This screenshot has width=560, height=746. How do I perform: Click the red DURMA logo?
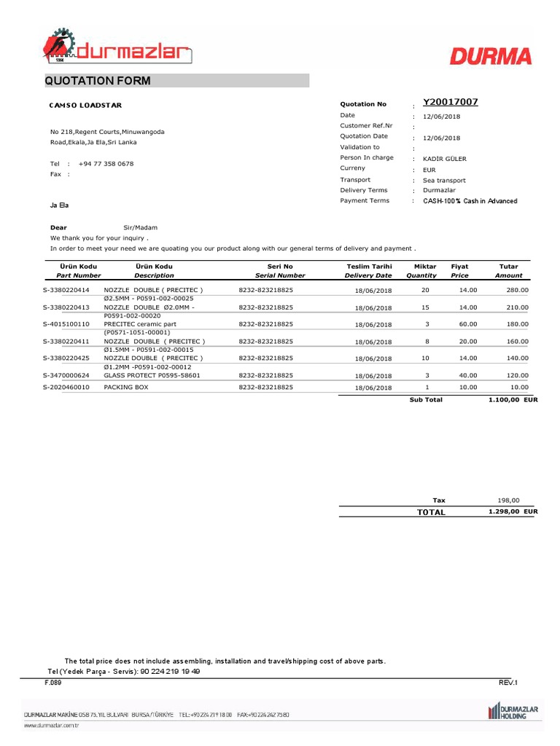490,56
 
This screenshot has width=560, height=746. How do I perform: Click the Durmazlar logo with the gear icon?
117,48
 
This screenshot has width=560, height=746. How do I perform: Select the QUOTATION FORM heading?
98,81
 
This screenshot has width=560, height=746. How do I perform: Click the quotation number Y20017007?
450,103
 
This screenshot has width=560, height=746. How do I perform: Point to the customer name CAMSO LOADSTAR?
86,105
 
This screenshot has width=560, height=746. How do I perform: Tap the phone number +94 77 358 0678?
106,164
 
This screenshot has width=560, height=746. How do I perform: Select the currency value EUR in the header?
429,170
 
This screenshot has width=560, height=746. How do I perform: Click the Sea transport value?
444,180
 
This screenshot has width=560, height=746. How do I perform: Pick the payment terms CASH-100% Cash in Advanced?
470,201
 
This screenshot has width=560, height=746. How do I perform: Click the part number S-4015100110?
66,324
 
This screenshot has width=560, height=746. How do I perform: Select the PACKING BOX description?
126,388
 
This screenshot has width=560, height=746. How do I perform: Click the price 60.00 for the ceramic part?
467,324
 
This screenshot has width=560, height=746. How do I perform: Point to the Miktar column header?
425,267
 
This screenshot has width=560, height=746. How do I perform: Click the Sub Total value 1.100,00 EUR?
513,400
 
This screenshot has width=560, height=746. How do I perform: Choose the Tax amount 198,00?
508,500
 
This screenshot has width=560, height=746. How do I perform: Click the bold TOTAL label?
430,512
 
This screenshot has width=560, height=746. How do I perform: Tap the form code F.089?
53,683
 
